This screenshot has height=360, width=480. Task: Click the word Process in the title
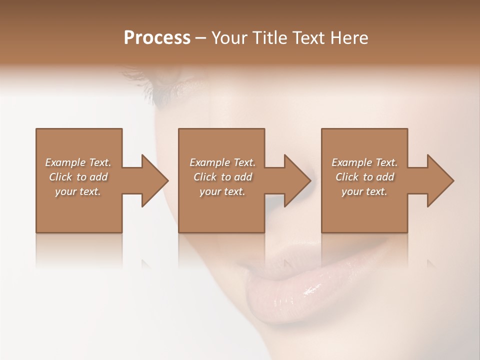157,38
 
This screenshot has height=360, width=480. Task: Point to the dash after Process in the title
201,38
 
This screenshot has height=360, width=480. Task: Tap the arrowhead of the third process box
439,180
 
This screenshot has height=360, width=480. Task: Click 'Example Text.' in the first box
78,162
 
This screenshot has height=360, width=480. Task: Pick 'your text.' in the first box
78,191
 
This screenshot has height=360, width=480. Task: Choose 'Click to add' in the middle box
222,177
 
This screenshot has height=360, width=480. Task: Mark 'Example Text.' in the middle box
222,162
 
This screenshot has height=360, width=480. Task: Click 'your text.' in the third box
364,191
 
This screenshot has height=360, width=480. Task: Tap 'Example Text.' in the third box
364,162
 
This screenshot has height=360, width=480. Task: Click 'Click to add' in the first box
78,177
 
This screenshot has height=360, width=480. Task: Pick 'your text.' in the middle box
222,191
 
